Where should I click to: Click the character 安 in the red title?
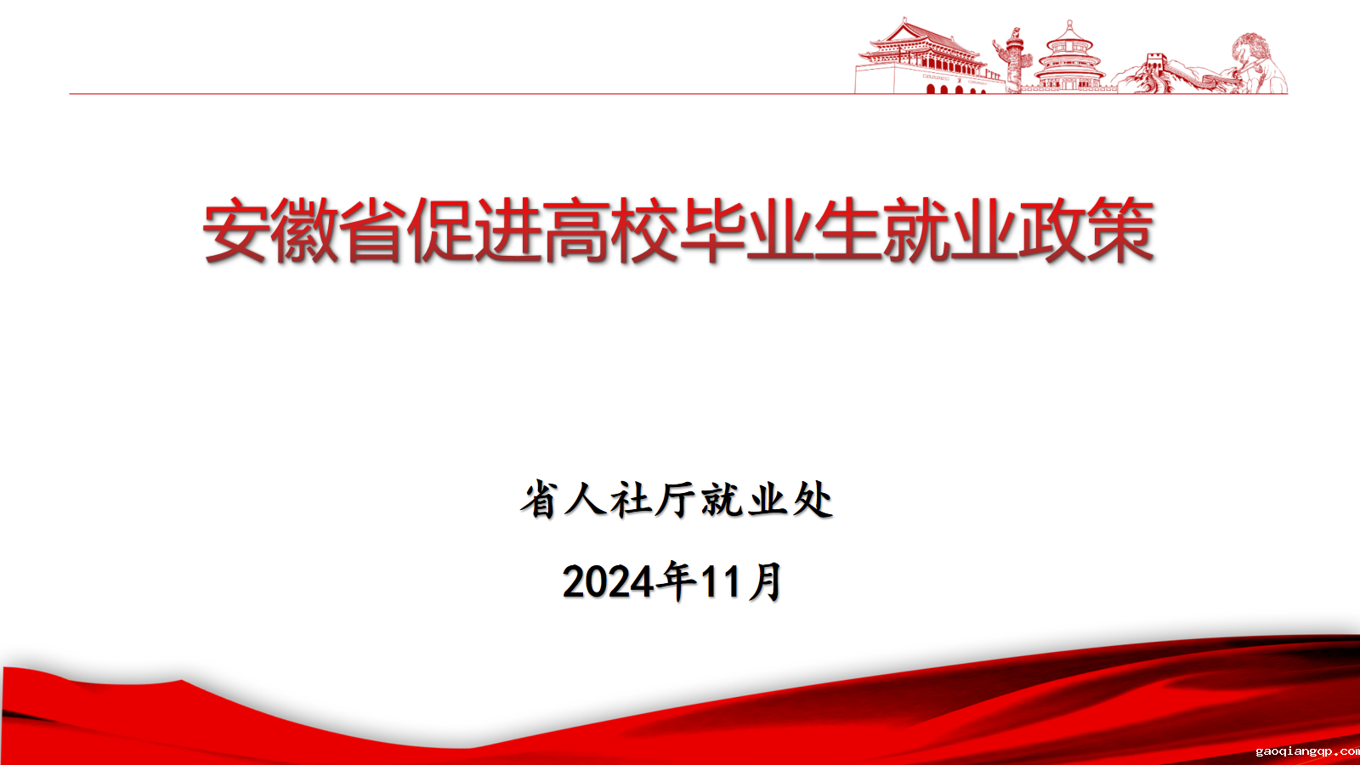tap(235, 230)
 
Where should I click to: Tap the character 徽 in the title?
tap(303, 230)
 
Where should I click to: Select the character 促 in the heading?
tap(439, 230)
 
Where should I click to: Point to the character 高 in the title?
tap(575, 230)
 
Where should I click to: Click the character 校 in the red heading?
tap(643, 230)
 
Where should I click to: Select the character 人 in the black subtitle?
tap(586, 500)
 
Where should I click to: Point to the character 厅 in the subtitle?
tap(676, 500)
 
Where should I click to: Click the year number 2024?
tap(609, 581)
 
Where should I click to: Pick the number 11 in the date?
tap(721, 581)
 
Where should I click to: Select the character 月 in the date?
tap(765, 581)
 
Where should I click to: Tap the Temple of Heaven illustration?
tap(1070, 58)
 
